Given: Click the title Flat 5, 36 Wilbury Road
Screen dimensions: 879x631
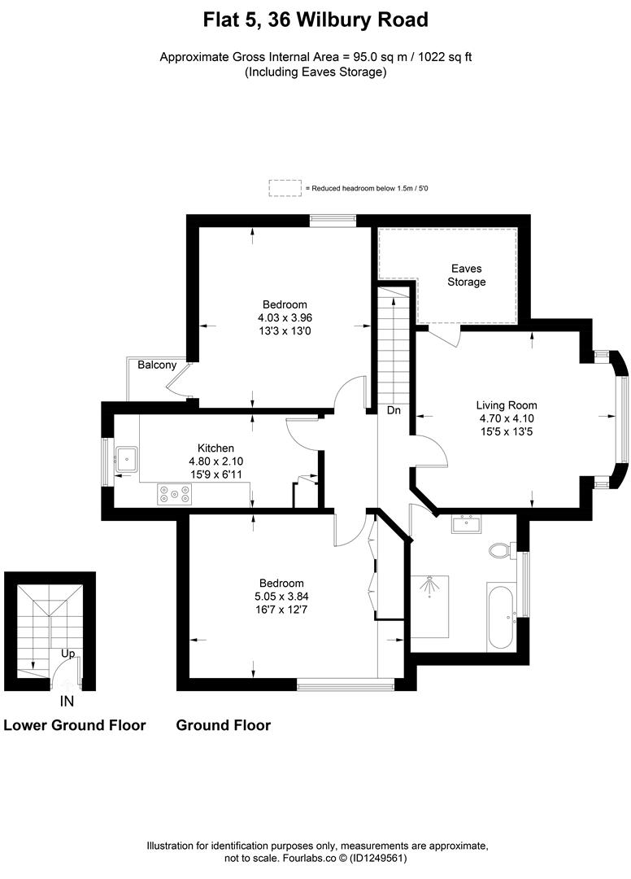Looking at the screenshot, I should (x=315, y=19).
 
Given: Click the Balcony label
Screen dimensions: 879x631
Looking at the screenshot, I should (x=157, y=365).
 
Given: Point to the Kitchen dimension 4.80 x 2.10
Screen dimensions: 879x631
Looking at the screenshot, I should (x=215, y=461).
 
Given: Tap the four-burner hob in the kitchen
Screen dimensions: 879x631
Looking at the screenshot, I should (x=175, y=492).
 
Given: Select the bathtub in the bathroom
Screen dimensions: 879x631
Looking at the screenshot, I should (x=500, y=616).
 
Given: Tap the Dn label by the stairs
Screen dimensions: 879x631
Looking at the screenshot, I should (x=394, y=411).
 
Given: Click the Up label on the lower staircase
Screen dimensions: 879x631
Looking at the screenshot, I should (x=71, y=654).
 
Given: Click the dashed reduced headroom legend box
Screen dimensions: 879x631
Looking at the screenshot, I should (x=285, y=188).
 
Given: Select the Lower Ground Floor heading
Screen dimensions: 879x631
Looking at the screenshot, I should (x=75, y=725).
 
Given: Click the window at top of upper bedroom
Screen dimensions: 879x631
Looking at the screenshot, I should (x=333, y=218).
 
